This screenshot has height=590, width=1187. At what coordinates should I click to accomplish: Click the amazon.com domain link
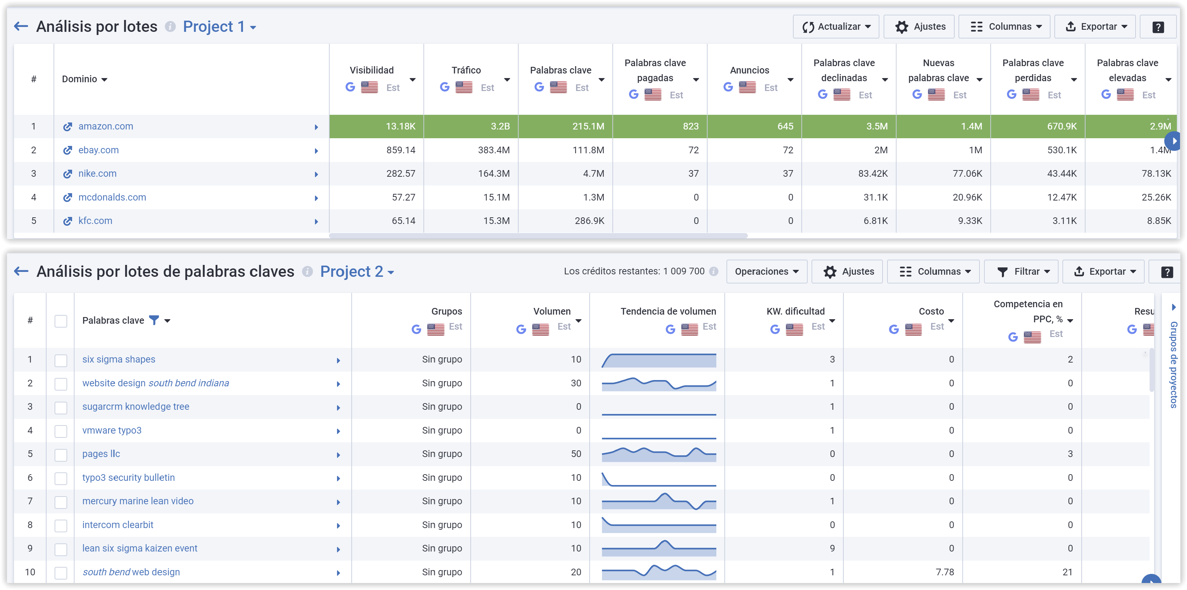[106, 126]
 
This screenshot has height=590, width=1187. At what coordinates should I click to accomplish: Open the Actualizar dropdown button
[835, 27]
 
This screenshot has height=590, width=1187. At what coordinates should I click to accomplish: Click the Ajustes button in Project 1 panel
[921, 27]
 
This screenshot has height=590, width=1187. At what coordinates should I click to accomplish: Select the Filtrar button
[1023, 272]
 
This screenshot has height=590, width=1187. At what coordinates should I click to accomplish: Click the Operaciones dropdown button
[766, 272]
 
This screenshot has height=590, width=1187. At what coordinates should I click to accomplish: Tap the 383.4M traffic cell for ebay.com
[493, 150]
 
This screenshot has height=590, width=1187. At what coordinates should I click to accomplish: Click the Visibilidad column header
[371, 70]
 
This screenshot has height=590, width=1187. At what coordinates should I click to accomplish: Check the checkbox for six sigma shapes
[61, 360]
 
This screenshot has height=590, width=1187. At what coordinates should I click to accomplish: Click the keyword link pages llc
[101, 454]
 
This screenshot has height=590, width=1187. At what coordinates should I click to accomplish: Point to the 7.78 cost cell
[944, 571]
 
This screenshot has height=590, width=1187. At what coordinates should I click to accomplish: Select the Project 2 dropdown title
[357, 272]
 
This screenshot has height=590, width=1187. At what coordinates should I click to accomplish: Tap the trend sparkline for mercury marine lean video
[659, 501]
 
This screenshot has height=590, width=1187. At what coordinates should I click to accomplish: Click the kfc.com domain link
[95, 221]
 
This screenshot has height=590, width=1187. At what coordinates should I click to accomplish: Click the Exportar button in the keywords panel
[1107, 272]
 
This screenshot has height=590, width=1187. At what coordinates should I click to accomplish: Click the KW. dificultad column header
[795, 311]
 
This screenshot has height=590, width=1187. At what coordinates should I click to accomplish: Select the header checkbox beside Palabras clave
[61, 321]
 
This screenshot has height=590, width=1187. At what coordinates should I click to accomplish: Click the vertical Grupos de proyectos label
[1174, 364]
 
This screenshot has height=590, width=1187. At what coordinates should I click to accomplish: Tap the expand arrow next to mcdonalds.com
[316, 198]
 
